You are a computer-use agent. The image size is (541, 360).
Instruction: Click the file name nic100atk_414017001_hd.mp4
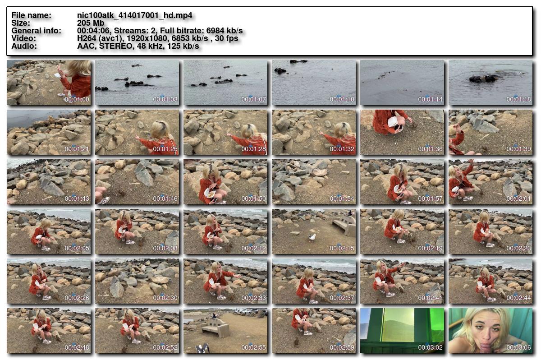tap(134, 15)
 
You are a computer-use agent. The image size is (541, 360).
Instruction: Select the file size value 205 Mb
tap(91, 23)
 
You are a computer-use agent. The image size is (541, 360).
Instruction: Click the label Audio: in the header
tap(24, 46)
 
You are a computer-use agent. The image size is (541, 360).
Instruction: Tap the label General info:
tap(36, 31)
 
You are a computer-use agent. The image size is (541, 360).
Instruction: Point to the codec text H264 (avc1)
tap(100, 38)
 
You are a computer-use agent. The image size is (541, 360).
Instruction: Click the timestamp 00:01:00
tap(77, 99)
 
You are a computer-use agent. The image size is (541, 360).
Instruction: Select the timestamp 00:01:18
tap(518, 99)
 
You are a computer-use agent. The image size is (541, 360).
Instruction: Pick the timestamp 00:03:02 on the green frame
tap(430, 347)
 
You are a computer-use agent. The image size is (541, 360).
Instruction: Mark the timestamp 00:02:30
tap(165, 298)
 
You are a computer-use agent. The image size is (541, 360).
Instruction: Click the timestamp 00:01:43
tap(77, 198)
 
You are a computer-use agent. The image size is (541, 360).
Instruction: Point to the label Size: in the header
tap(21, 23)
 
